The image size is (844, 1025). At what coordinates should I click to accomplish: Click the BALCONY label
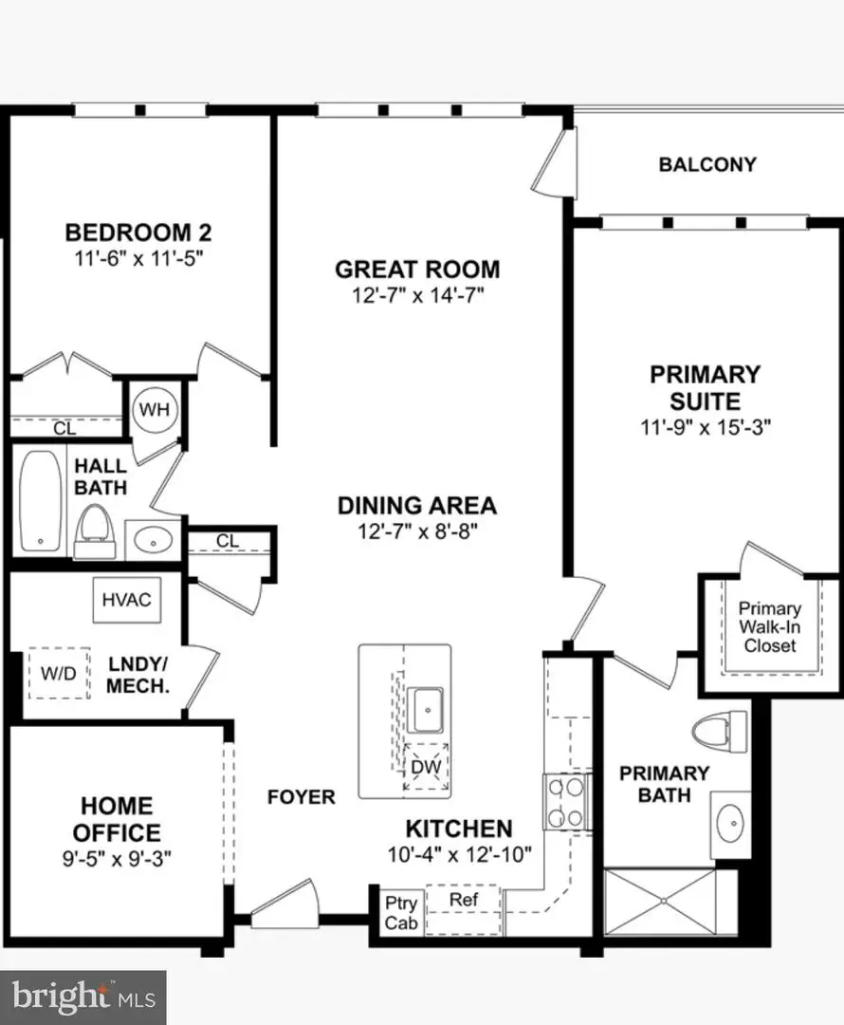pyautogui.click(x=707, y=164)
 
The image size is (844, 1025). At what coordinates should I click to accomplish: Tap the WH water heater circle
pyautogui.click(x=155, y=410)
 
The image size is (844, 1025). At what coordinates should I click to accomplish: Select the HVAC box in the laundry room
pyautogui.click(x=126, y=600)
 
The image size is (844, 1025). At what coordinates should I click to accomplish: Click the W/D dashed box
pyautogui.click(x=57, y=673)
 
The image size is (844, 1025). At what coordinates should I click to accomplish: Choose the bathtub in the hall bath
pyautogui.click(x=40, y=500)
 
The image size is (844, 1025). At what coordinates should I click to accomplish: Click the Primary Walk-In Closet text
pyautogui.click(x=769, y=627)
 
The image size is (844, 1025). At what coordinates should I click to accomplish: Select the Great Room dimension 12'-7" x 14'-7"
pyautogui.click(x=417, y=295)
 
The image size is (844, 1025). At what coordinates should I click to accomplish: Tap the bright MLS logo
pyautogui.click(x=83, y=997)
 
